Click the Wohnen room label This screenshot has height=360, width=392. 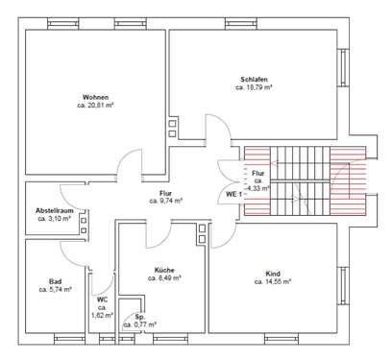coord(95,97)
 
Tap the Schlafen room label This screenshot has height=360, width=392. coord(255,79)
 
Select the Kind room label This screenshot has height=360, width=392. coord(273,274)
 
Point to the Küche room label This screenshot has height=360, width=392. coord(160,270)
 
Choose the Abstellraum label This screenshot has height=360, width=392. coord(49,210)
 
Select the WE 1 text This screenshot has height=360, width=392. coord(232,194)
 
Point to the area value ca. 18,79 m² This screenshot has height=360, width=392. coord(255,87)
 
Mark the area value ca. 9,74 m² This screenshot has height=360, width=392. coord(165,202)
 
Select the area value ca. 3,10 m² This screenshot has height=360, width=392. coord(49,219)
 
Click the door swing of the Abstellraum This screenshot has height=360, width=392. coord(67,191)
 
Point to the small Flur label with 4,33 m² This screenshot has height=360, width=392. coord(257,181)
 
